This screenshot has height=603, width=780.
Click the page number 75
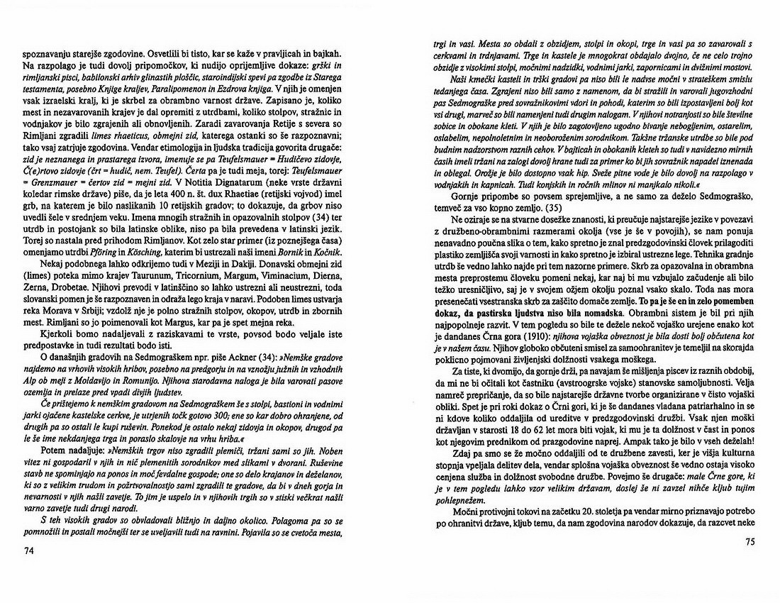pos(752,543)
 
